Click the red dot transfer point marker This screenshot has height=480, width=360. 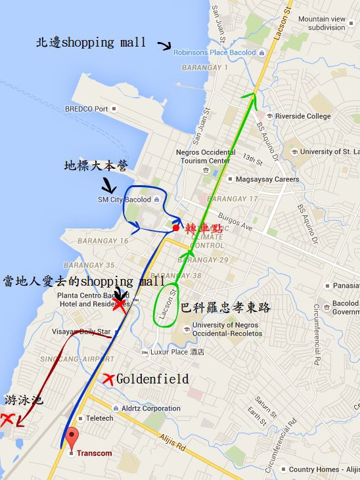coord(175,228)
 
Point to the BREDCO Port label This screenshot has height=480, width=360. coord(86,109)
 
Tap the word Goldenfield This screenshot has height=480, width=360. coord(152,380)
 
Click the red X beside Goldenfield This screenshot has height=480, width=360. coord(108,379)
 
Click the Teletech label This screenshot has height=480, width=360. coord(99,418)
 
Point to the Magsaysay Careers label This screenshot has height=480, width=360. coord(267,179)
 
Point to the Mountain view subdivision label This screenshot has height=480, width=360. coord(322,23)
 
